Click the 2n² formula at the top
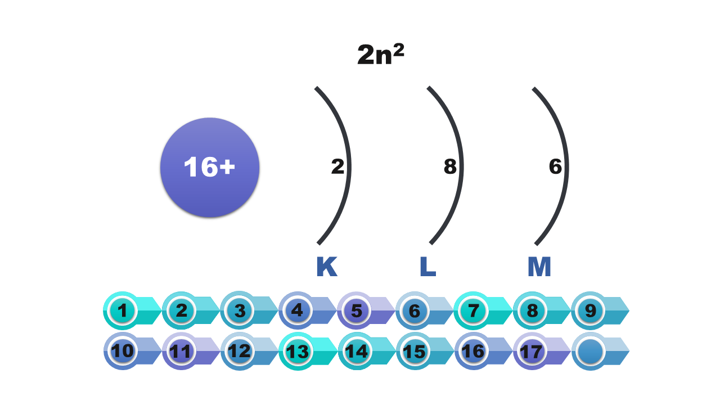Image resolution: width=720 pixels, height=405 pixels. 381,55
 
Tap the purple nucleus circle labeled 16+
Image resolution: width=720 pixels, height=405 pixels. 210,167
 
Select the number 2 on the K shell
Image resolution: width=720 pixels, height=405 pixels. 337,167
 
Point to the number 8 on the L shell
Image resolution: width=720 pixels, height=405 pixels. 450,167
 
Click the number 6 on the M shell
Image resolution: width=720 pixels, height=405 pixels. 555,167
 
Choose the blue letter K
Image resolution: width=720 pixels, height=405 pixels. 326,267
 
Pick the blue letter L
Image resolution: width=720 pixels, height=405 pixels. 427,267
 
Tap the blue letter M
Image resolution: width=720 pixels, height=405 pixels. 539,267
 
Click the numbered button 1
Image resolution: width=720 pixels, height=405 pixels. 123,310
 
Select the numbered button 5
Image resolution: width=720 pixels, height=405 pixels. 357,310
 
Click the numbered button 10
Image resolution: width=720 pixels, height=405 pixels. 123,352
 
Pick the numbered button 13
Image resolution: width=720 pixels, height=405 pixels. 298,352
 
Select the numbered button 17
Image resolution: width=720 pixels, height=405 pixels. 532,352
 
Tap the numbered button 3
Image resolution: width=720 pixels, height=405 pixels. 240,310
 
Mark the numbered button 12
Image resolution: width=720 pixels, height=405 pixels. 240,352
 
